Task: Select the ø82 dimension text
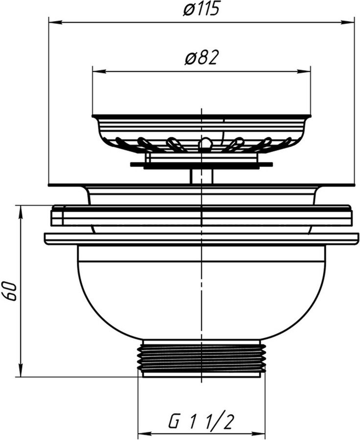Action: (201, 58)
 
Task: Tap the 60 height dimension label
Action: (10, 291)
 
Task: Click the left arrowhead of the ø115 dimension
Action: (55, 22)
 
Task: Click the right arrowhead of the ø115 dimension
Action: (348, 22)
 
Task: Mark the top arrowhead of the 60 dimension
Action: (21, 211)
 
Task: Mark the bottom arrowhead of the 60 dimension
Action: (21, 371)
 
